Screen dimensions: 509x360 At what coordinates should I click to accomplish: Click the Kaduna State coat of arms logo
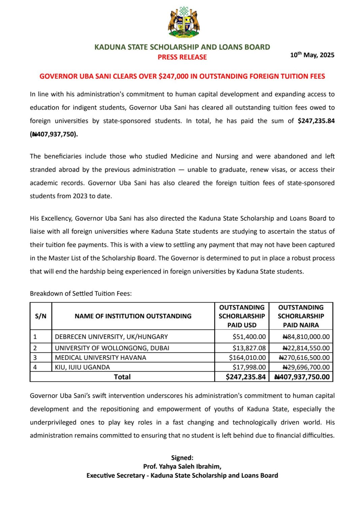(x=184, y=22)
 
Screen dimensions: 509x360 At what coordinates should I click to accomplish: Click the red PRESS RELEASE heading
(x=182, y=57)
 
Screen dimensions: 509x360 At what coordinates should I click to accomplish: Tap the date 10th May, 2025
(x=312, y=55)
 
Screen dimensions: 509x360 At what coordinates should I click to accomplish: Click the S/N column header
(x=41, y=316)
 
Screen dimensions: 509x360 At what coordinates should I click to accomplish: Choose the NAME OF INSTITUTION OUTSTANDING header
(x=133, y=316)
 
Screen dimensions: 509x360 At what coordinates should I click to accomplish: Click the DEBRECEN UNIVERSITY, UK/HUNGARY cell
(x=111, y=337)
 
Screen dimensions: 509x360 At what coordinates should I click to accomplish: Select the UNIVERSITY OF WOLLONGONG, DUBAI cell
(x=112, y=348)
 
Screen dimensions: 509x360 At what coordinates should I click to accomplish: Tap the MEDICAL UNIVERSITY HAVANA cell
(x=100, y=357)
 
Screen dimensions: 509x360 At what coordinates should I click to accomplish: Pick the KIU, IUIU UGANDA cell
(x=82, y=367)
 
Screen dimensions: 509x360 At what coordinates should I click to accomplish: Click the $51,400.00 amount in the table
(x=249, y=337)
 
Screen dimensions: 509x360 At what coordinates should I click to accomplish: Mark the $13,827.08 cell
(x=249, y=348)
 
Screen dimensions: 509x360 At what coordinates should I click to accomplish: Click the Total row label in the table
(x=122, y=377)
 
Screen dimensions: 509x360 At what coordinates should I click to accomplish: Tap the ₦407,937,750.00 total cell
(x=302, y=377)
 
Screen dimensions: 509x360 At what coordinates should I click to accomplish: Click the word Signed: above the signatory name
(x=182, y=458)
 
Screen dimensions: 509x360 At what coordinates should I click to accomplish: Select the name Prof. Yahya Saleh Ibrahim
(x=182, y=467)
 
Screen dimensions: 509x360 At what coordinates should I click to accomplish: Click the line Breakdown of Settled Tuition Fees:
(x=81, y=293)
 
